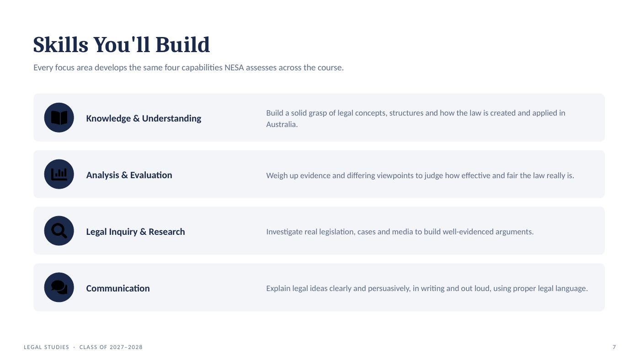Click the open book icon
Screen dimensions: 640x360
tap(59, 117)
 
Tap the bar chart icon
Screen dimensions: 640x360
tap(59, 174)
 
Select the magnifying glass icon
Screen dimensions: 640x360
tap(59, 231)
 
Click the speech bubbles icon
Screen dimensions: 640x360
tap(59, 287)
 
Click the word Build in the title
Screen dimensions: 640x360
tap(182, 45)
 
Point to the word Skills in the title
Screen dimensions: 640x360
tap(60, 45)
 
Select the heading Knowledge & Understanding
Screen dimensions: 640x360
tap(144, 118)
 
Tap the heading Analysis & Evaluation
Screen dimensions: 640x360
tap(129, 175)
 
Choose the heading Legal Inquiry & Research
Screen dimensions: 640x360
tap(135, 232)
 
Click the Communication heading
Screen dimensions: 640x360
tap(118, 288)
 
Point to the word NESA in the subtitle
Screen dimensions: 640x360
tap(234, 68)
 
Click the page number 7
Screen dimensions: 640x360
tap(614, 347)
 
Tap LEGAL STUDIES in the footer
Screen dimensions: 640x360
tap(46, 347)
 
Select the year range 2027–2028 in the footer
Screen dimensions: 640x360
tap(126, 347)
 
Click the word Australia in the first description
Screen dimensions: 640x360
tap(282, 124)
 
